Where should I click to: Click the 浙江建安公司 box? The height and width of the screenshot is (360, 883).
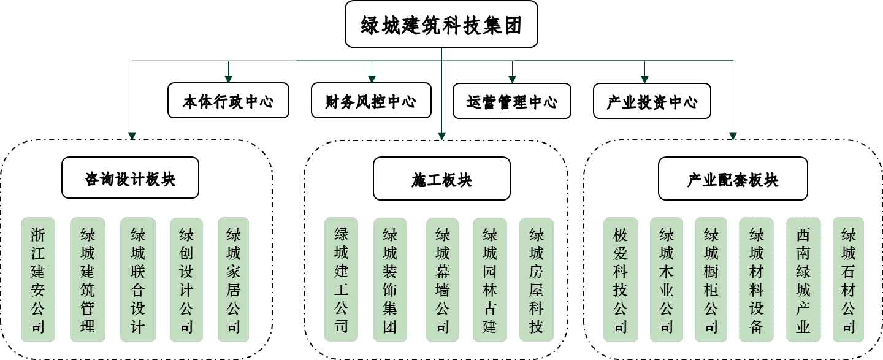[x=38, y=280]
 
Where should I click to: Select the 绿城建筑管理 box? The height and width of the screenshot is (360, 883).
[x=88, y=280]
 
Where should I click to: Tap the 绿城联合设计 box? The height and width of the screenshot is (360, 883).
[x=138, y=280]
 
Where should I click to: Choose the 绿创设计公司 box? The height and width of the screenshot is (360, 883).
[x=186, y=280]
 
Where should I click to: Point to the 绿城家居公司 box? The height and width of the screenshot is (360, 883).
[x=234, y=280]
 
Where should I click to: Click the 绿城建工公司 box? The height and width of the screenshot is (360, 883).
[x=342, y=280]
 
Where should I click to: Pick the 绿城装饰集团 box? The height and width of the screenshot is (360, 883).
[x=390, y=280]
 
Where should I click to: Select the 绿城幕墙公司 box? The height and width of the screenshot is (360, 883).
[x=443, y=280]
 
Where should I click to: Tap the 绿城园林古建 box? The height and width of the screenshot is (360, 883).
[x=490, y=280]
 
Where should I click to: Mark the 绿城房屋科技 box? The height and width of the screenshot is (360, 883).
[x=537, y=280]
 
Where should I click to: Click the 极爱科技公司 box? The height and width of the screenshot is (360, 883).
[x=621, y=280]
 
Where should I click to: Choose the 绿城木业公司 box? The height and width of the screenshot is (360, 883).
[x=667, y=280]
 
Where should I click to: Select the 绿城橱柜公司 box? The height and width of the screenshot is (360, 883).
[x=711, y=280]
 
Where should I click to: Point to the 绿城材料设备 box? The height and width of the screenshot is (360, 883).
[x=757, y=280]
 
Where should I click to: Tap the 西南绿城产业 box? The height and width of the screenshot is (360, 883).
[x=803, y=280]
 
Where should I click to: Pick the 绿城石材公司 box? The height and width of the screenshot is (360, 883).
[x=849, y=280]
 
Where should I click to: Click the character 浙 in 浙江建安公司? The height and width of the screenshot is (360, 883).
[x=38, y=235]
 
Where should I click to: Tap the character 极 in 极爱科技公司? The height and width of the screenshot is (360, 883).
[x=621, y=235]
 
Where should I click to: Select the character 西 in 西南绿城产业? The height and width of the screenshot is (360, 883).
[x=803, y=235]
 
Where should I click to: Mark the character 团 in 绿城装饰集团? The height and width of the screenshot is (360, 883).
[x=390, y=326]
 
